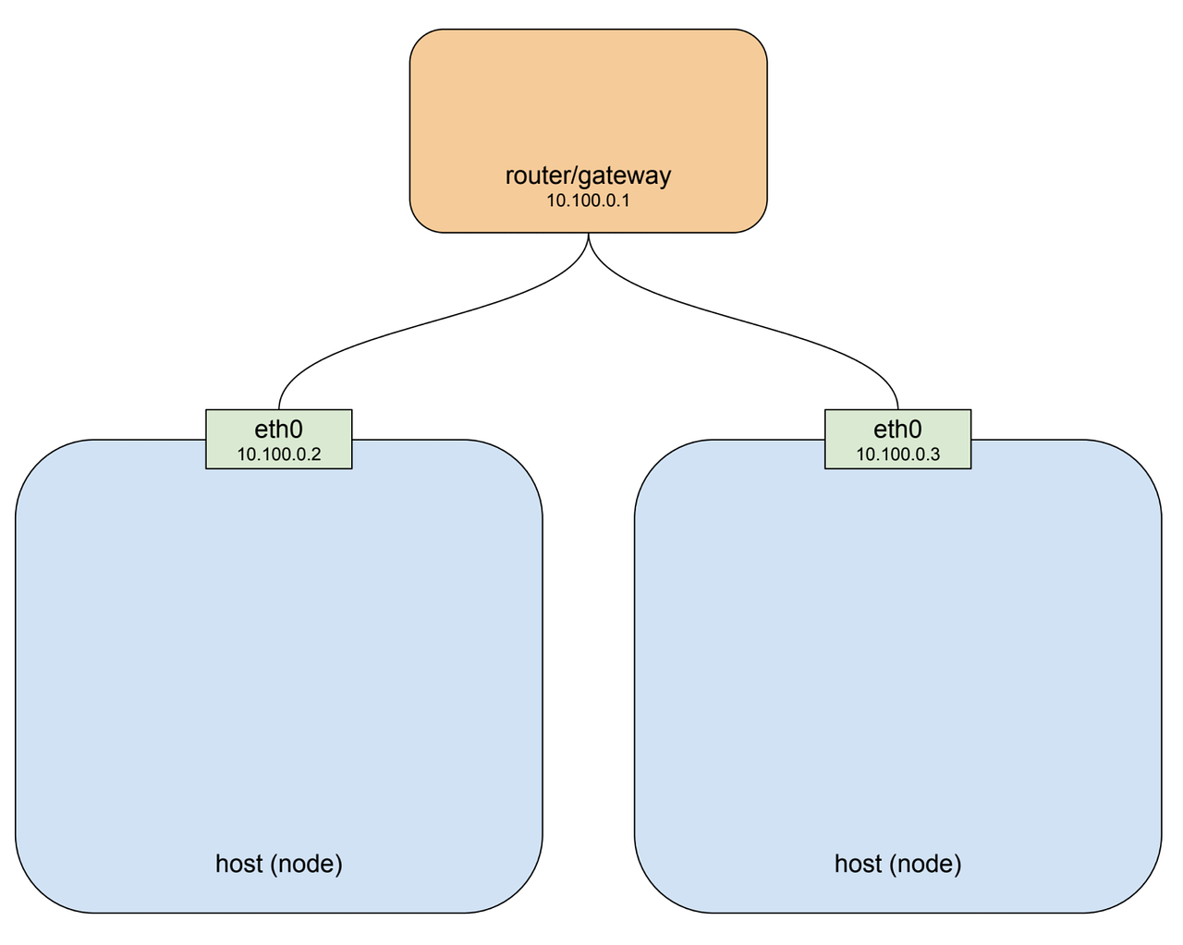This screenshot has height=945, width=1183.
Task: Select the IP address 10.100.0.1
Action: pyautogui.click(x=588, y=200)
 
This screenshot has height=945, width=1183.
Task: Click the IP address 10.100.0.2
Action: pyautogui.click(x=278, y=454)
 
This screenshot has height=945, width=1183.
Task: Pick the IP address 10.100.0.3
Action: pyautogui.click(x=897, y=454)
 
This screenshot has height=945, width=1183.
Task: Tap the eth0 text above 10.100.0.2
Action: pyautogui.click(x=278, y=429)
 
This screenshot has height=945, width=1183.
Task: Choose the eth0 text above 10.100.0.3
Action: pyautogui.click(x=897, y=429)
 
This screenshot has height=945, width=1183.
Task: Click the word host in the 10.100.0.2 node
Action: pyautogui.click(x=239, y=864)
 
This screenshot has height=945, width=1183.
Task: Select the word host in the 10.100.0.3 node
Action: pyautogui.click(x=859, y=864)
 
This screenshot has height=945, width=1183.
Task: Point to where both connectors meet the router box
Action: pyautogui.click(x=588, y=233)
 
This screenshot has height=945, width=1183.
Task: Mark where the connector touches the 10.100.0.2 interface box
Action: pyautogui.click(x=278, y=409)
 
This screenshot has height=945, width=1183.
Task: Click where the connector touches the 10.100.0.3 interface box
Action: pyautogui.click(x=897, y=409)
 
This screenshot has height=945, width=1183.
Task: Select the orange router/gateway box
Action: pyautogui.click(x=588, y=102)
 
